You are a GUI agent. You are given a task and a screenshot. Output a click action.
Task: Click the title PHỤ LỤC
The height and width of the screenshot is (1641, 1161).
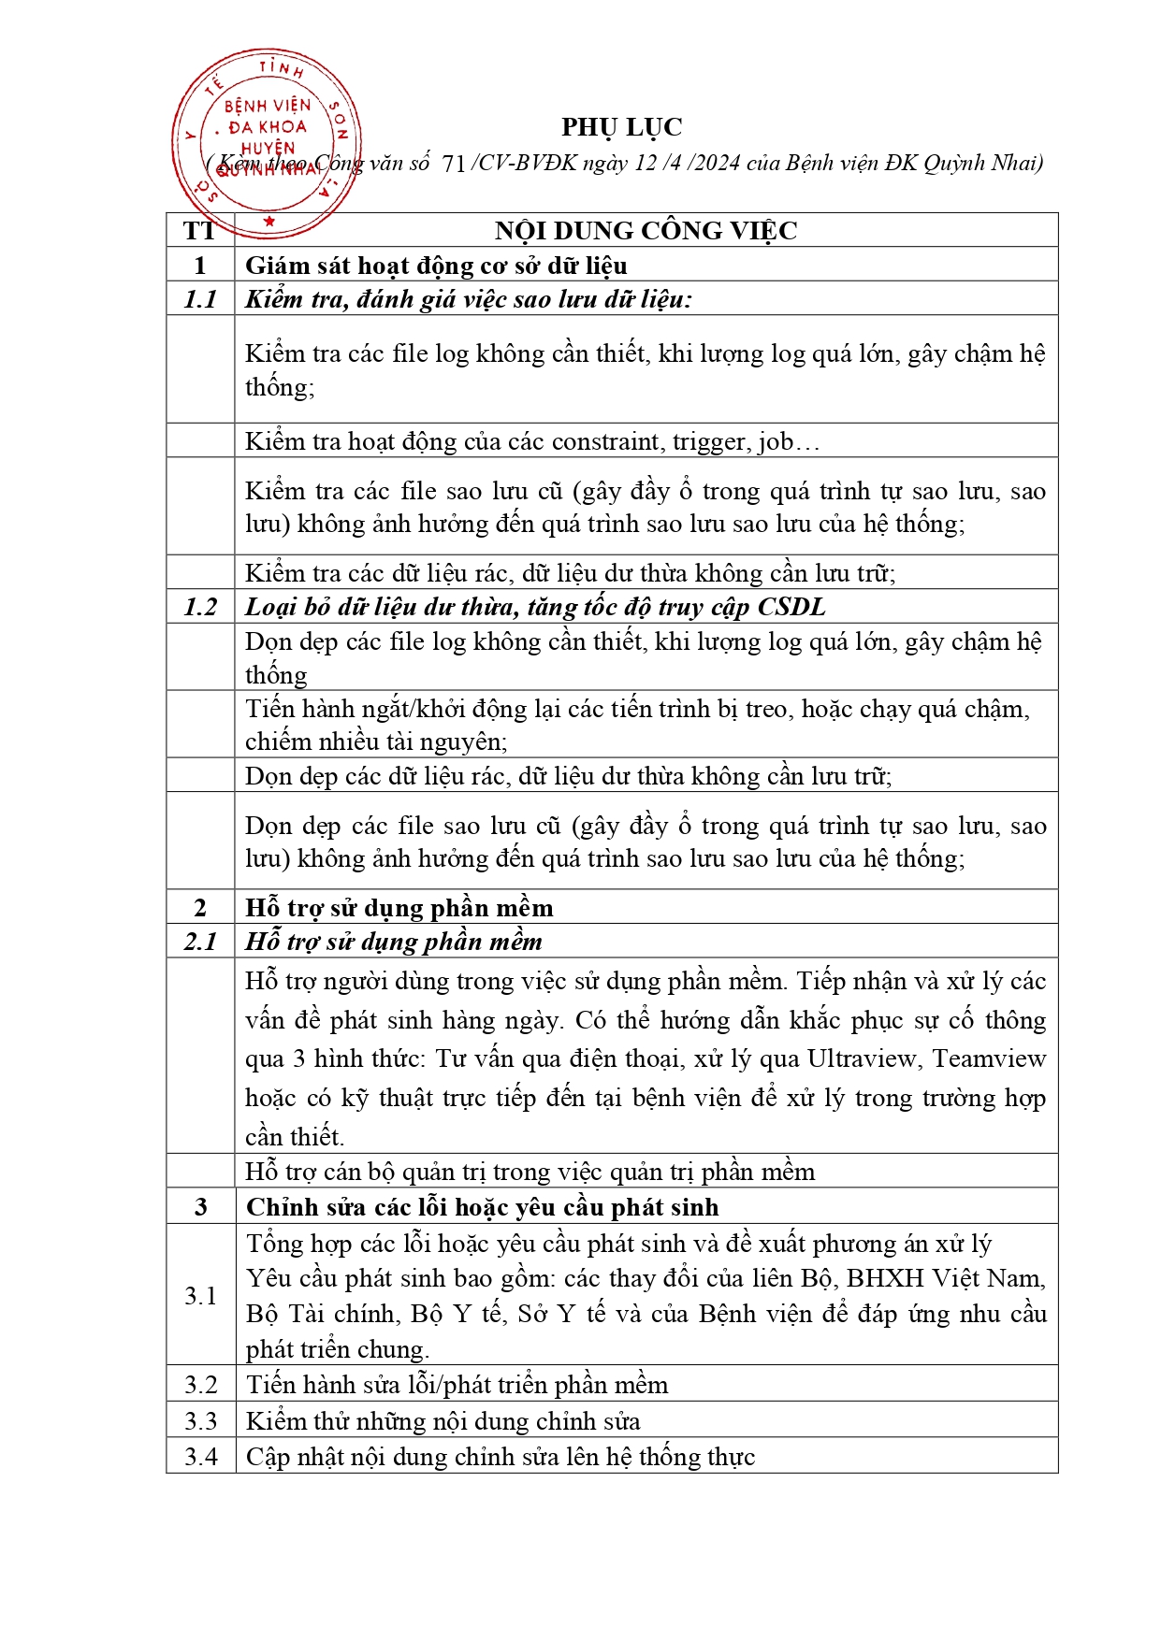(621, 127)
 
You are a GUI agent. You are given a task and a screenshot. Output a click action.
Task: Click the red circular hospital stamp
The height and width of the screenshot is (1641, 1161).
(267, 141)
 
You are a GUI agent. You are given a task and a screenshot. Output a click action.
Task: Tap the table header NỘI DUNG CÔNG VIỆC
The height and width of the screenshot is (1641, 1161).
(646, 231)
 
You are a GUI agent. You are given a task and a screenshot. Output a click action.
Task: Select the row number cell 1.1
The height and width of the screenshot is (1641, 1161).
(200, 299)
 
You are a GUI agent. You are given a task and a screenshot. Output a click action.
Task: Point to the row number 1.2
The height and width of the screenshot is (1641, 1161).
(200, 607)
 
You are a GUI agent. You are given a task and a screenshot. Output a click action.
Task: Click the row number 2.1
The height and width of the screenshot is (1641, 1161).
(200, 942)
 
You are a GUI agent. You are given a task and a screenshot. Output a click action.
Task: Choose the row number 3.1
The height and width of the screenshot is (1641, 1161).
(200, 1295)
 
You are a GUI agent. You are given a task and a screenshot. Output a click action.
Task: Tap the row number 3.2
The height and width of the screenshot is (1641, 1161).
(200, 1385)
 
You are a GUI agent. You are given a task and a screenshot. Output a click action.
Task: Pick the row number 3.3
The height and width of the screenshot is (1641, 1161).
(200, 1421)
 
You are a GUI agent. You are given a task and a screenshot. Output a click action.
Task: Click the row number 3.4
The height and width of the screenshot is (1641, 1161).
(200, 1457)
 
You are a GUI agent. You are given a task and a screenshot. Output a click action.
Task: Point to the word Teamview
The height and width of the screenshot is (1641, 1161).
(989, 1059)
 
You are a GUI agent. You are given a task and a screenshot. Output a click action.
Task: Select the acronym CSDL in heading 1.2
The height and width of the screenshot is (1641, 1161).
(791, 607)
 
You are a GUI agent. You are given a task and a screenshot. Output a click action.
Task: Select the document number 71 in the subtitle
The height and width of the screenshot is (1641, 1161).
(453, 165)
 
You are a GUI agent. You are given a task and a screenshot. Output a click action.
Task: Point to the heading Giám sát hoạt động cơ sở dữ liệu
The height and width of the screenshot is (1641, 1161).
(436, 266)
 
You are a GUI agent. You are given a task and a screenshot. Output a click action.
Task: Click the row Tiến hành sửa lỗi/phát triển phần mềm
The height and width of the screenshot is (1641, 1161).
(457, 1385)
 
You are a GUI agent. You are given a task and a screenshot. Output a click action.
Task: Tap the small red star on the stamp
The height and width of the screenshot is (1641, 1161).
(269, 222)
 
